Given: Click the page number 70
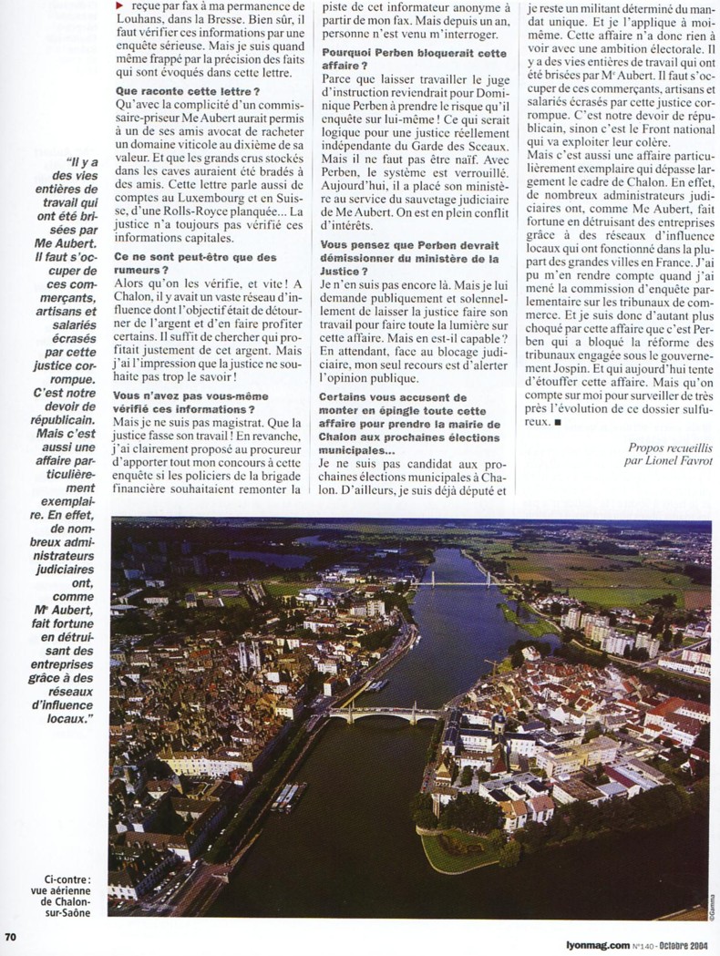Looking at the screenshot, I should tap(11, 937).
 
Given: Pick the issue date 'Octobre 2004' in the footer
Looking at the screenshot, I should tap(690, 945).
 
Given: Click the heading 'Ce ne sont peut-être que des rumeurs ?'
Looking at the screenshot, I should tap(196, 264).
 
